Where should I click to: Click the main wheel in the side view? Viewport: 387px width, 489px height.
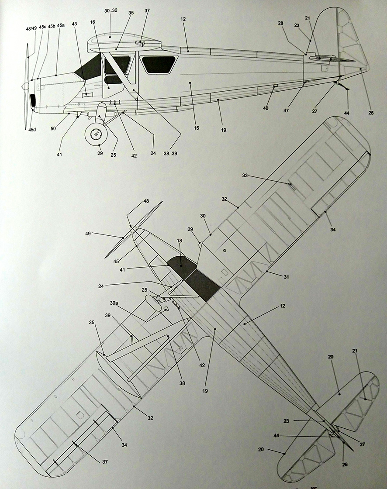95,134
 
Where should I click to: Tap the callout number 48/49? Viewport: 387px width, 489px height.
31,28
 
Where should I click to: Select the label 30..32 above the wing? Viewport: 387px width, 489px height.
111,10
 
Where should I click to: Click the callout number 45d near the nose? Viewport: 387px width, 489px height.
33,130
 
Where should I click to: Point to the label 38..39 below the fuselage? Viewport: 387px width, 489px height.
170,153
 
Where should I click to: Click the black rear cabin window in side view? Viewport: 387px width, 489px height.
159,64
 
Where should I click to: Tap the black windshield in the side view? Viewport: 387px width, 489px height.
87,68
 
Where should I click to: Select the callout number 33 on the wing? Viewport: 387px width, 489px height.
245,176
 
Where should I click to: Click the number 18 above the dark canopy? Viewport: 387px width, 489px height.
180,241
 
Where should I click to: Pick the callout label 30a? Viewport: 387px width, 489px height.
114,303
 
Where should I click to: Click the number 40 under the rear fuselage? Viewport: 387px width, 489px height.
265,108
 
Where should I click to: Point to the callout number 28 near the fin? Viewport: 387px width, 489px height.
280,24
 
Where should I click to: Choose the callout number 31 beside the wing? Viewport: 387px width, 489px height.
287,277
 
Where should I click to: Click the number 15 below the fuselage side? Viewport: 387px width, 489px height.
196,128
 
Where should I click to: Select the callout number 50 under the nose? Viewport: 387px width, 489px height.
53,128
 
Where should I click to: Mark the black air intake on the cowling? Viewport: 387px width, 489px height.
33,100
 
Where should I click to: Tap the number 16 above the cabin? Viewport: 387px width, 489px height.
92,22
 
